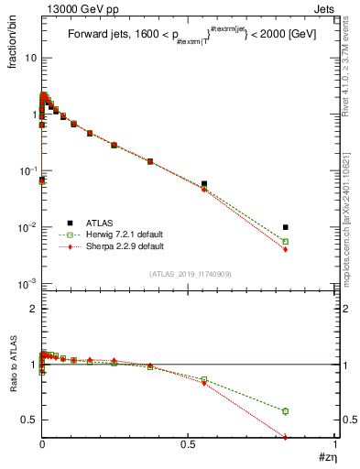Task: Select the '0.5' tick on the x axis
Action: [189, 444]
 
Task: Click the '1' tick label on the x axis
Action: [335, 444]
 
